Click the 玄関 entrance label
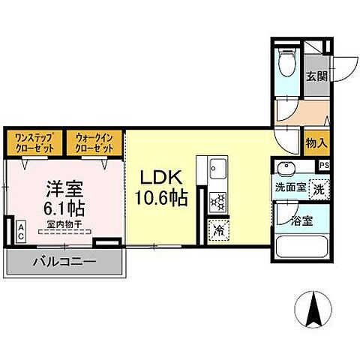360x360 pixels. (315, 76)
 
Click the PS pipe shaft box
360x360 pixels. (324, 166)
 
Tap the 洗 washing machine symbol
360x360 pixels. (319, 190)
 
